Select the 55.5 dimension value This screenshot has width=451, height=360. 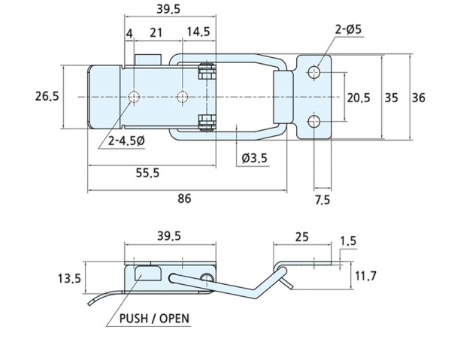pyautogui.click(x=147, y=173)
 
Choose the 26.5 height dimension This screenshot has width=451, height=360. pyautogui.click(x=47, y=96)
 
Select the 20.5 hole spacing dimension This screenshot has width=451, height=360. pyautogui.click(x=359, y=97)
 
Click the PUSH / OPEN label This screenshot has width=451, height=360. pyautogui.click(x=154, y=319)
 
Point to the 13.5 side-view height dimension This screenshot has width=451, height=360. pyautogui.click(x=69, y=280)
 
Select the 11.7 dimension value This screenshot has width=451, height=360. pyautogui.click(x=365, y=277)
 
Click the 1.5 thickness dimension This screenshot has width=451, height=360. pyautogui.click(x=348, y=241)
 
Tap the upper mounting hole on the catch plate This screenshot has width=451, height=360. pyautogui.click(x=314, y=72)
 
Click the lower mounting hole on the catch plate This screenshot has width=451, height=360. pyautogui.click(x=314, y=121)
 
